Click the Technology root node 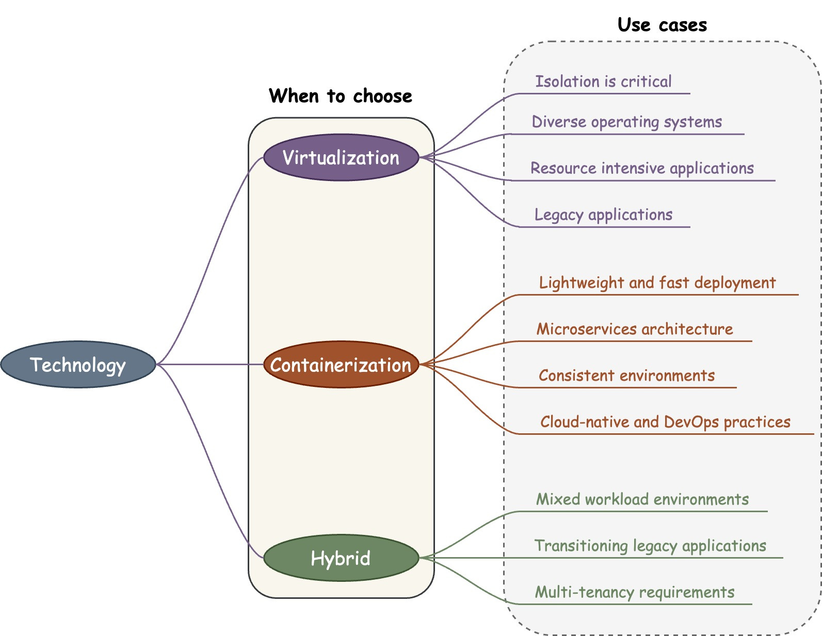(x=78, y=365)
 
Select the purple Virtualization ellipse (x=341, y=157)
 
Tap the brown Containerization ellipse (x=341, y=365)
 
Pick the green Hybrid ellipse (x=341, y=558)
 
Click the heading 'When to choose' (x=341, y=96)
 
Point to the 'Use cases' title (x=662, y=25)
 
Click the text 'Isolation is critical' (x=603, y=81)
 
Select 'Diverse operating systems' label (x=626, y=122)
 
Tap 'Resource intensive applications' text (x=642, y=169)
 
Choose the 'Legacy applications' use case (x=603, y=215)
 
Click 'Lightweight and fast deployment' (x=657, y=283)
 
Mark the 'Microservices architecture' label (x=634, y=329)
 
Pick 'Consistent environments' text (x=626, y=376)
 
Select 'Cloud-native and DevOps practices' (x=665, y=422)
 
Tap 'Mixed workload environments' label (x=642, y=499)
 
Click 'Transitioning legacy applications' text (x=650, y=546)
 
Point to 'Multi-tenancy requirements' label (x=634, y=592)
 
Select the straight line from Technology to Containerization (x=209, y=365)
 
